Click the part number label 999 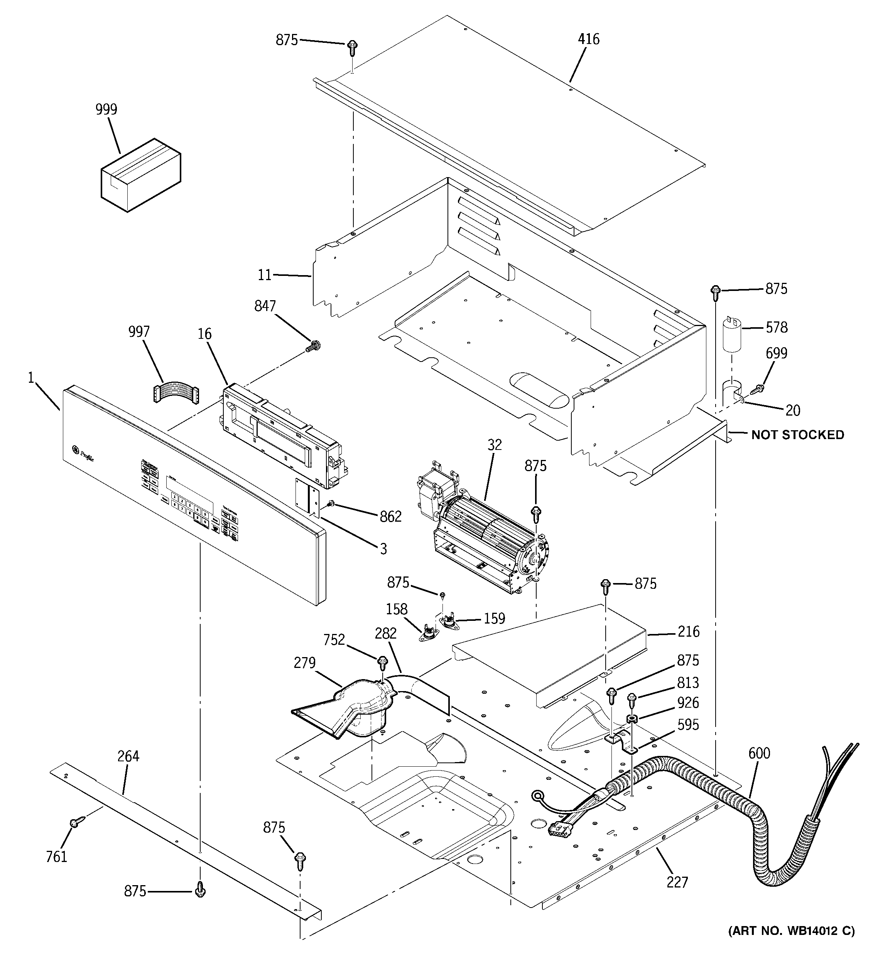(x=106, y=110)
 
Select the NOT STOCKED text (x=797, y=435)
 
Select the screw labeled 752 (x=383, y=663)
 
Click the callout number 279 (x=305, y=663)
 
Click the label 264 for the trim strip (x=128, y=756)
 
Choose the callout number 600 (x=759, y=753)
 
